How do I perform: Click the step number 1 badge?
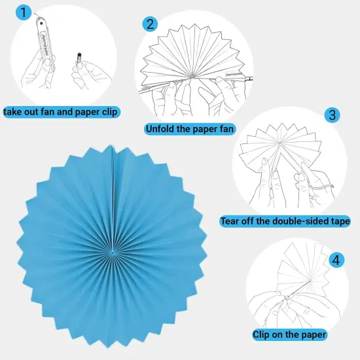[x=24, y=12]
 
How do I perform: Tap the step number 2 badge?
[x=151, y=24]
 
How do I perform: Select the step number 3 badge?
[x=333, y=115]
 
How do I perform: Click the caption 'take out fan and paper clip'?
[x=60, y=112]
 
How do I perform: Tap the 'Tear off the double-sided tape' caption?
[x=285, y=221]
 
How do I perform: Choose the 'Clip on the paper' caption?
[x=289, y=334]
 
